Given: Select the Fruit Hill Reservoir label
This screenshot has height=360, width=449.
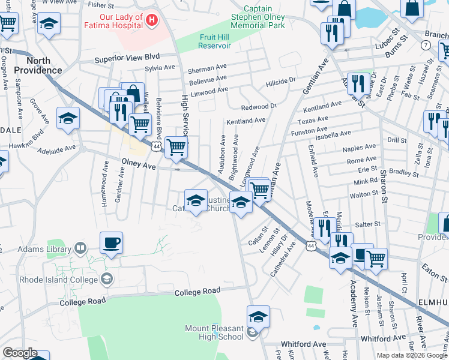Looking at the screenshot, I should point(215,41).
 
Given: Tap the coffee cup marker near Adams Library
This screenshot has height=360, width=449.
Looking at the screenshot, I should point(111,243).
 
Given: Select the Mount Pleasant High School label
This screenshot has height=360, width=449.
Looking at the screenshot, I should point(214,332).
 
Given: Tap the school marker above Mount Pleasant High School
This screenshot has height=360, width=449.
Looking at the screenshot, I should point(258,316).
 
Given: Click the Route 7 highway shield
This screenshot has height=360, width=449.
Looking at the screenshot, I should point(426,46).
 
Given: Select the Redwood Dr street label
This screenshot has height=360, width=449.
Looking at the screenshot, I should point(259,106).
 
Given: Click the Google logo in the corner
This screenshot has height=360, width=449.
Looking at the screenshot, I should point(20,353).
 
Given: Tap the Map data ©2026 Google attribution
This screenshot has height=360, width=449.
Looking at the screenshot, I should point(411,355).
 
